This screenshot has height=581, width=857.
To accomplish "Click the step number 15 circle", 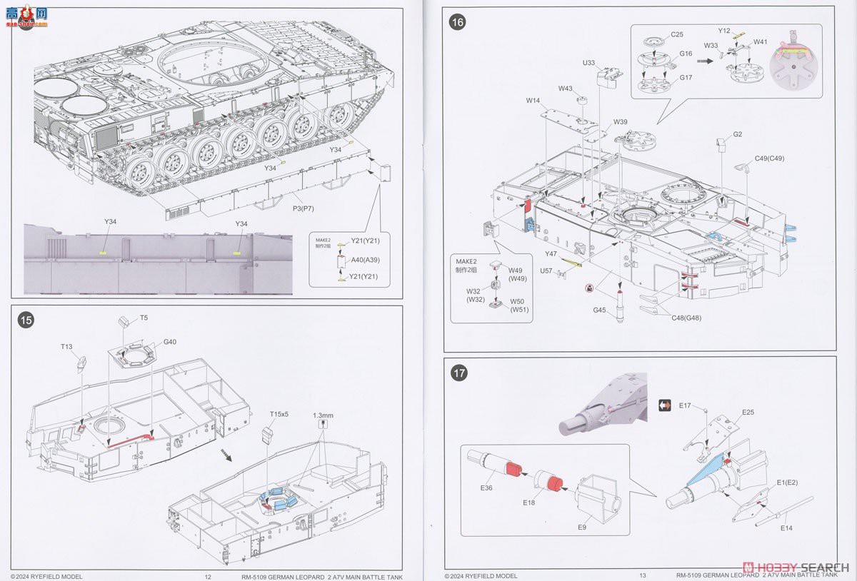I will [x=26, y=320].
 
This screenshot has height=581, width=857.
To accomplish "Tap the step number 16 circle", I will [x=457, y=22].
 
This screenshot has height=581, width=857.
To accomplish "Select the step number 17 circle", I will [x=457, y=372].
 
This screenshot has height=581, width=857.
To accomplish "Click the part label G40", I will [x=169, y=342].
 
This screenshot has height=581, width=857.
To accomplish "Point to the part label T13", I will [x=66, y=347].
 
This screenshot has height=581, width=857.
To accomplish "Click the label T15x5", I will [x=279, y=414].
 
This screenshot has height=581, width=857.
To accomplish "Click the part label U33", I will [x=588, y=63].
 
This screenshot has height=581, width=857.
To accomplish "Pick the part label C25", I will [x=677, y=34].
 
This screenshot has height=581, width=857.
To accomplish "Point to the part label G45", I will [x=599, y=310].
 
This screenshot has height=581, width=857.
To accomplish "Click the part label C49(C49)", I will [x=769, y=158].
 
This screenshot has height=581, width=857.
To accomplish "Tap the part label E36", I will [x=486, y=487].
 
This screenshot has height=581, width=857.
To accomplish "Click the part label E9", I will [x=582, y=527].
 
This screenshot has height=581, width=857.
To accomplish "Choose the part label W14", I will [x=533, y=101].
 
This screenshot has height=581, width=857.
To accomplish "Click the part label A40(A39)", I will [x=361, y=261].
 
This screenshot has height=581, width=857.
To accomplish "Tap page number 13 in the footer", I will [x=643, y=576].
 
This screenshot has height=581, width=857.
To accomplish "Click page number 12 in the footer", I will [x=208, y=576].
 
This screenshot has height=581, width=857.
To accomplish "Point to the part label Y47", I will [x=550, y=254].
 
